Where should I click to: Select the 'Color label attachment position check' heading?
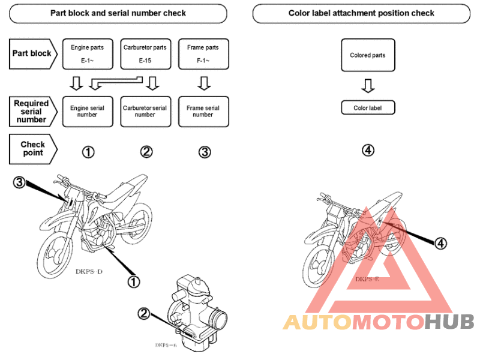click(x=361, y=13)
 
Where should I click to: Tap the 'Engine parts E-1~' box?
click(x=88, y=53)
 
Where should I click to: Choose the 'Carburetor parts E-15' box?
click(x=145, y=53)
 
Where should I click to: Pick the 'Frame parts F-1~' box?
click(x=204, y=53)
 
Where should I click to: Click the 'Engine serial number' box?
click(x=88, y=111)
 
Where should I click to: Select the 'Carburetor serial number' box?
click(x=145, y=111)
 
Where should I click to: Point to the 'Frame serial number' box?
click(x=204, y=111)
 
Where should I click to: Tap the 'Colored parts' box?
click(x=368, y=56)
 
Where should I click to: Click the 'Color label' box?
click(x=368, y=108)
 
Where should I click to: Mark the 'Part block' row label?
click(x=32, y=53)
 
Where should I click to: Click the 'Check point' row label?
click(x=32, y=148)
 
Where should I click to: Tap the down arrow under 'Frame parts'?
click(x=204, y=82)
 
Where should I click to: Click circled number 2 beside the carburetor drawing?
click(x=144, y=313)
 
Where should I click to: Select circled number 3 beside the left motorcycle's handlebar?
click(x=19, y=183)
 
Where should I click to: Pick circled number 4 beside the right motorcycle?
click(x=441, y=243)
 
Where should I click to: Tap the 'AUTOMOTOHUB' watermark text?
click(x=379, y=322)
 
